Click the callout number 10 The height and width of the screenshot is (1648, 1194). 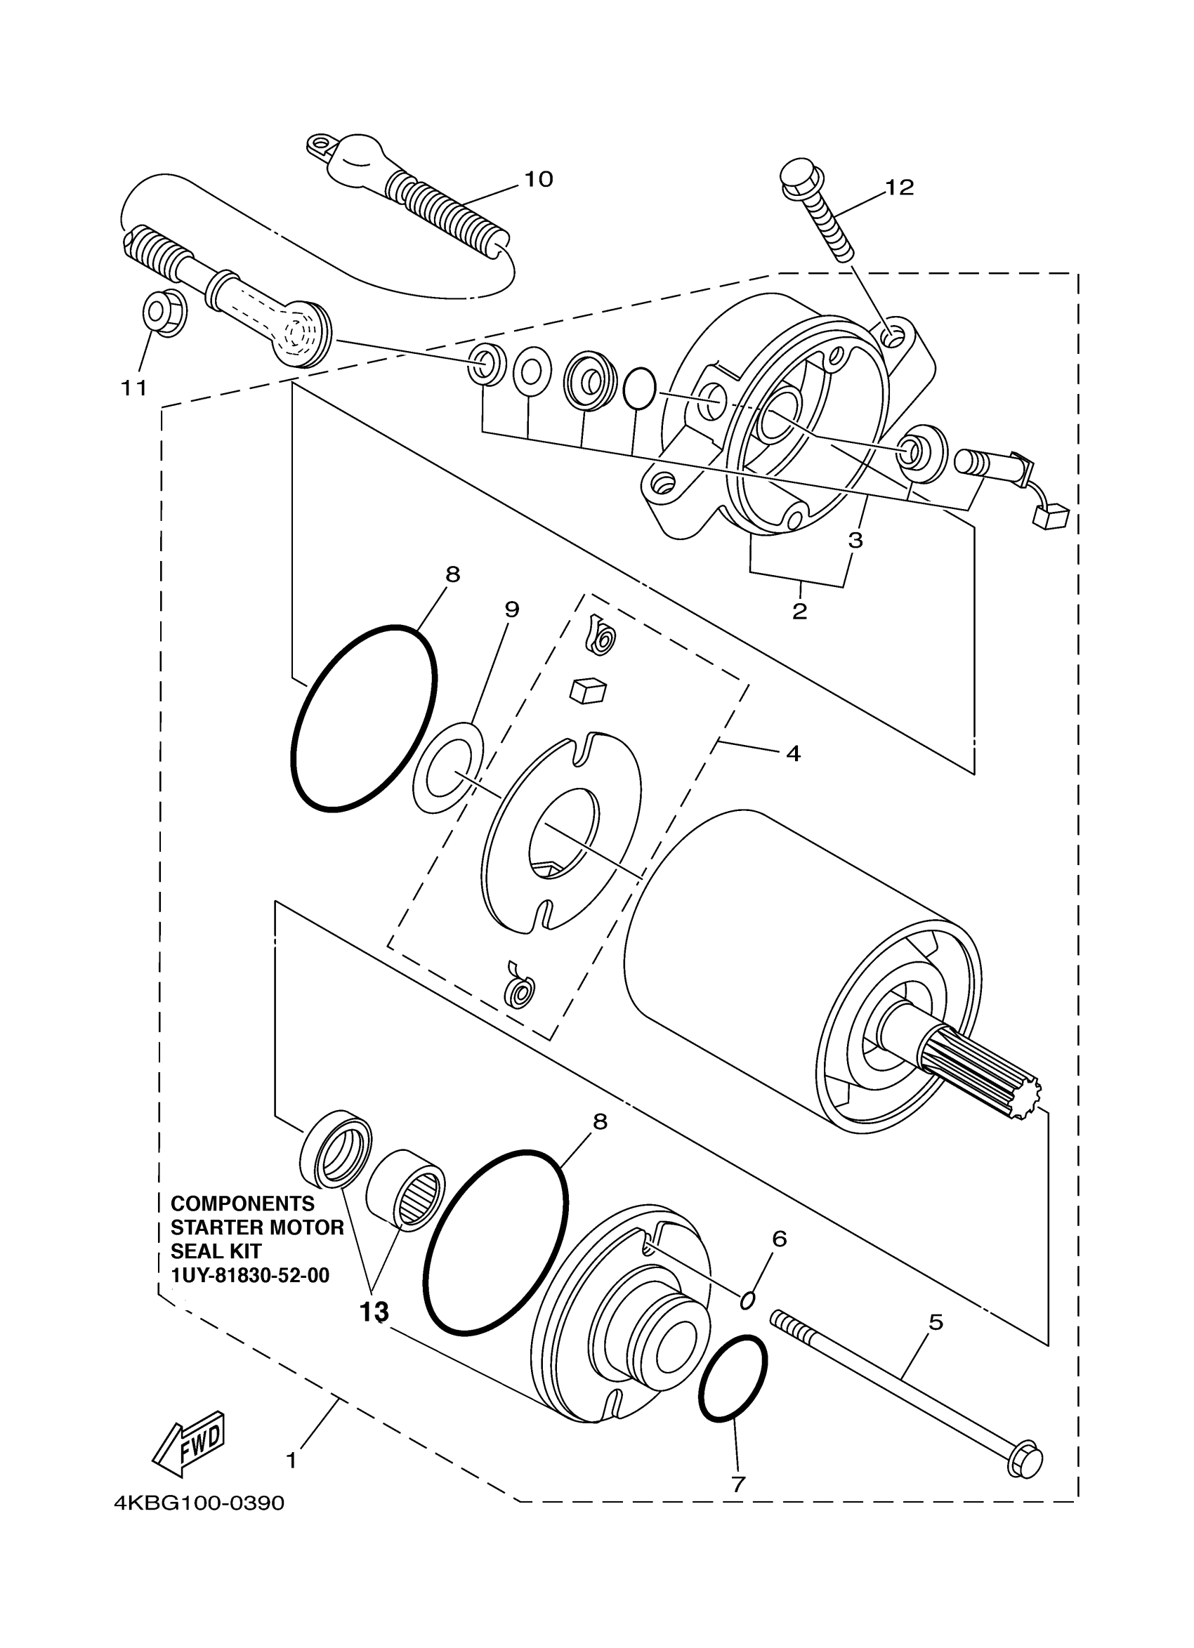539,179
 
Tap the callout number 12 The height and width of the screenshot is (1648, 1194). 899,187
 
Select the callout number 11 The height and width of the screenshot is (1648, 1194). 133,388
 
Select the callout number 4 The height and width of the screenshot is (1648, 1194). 793,753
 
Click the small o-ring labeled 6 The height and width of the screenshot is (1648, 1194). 748,1299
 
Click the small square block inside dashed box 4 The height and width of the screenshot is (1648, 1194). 587,691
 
